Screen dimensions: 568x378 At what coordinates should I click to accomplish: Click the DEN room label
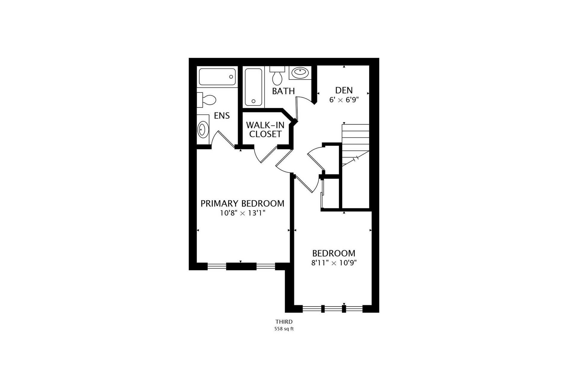pos(344,90)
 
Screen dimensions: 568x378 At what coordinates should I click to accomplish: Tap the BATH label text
pos(283,91)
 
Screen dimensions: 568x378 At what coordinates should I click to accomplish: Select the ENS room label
pos(222,116)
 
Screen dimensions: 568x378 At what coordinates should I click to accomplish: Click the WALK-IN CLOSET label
pos(265,129)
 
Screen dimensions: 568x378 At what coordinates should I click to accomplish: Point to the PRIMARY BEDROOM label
pos(242,204)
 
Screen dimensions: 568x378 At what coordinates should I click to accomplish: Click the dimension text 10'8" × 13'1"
pos(242,213)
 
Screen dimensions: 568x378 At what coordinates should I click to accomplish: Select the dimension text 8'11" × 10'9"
pos(334,263)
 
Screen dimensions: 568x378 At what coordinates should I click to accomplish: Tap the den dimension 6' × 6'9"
pos(344,100)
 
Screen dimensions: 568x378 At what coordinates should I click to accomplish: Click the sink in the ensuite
pos(203,130)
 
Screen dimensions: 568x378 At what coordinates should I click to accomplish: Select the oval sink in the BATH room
pos(300,72)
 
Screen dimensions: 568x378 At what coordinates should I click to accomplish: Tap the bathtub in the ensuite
pos(217,77)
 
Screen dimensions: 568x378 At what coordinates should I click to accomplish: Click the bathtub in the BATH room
pos(254,87)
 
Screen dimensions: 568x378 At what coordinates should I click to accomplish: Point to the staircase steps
pos(355,145)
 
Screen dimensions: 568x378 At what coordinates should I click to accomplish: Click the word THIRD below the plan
pos(284,322)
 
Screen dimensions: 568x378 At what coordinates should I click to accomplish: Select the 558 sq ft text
pos(284,329)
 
